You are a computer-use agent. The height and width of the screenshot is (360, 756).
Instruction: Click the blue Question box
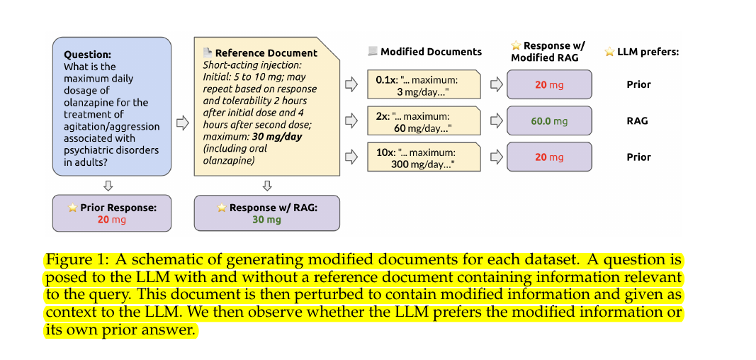[112, 106]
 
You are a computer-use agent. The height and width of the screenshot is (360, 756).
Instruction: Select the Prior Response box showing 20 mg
[112, 213]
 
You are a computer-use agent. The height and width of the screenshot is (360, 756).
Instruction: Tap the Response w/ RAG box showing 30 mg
[266, 213]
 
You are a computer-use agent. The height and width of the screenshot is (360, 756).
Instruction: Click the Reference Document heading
[266, 52]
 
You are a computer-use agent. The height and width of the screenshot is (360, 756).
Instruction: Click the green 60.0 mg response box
[549, 121]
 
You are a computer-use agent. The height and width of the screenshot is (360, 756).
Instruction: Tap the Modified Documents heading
[431, 52]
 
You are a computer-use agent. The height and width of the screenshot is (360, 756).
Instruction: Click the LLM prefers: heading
[648, 52]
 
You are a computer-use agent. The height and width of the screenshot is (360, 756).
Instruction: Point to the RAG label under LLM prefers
[638, 121]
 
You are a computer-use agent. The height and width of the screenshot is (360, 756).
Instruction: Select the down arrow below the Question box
[108, 186]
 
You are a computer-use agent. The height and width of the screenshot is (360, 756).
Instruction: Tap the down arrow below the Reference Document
[266, 186]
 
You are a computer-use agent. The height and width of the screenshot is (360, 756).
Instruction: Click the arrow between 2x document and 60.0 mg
[496, 121]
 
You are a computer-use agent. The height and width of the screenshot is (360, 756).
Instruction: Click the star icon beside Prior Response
[72, 208]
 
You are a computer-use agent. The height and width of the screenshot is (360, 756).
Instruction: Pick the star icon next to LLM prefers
[609, 52]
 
